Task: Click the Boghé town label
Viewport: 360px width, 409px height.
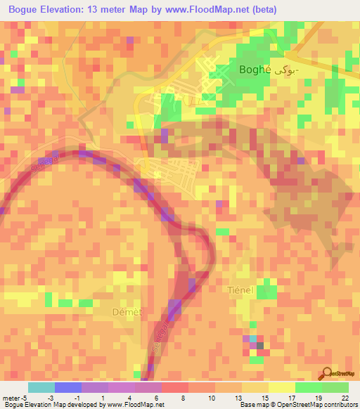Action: tap(259, 70)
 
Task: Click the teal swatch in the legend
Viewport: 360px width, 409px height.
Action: tap(41, 387)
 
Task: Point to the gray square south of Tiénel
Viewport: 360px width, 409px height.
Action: tap(260, 346)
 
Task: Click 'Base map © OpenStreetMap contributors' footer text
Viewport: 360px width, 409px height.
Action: tap(297, 405)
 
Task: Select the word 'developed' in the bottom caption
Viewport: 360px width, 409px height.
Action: tap(86, 405)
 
